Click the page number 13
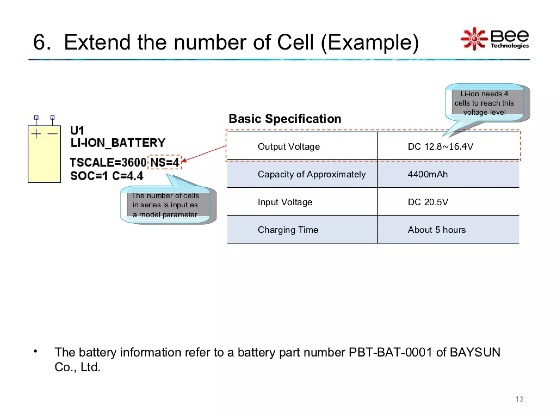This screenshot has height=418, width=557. (519, 399)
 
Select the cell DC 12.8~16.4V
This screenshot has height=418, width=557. (440, 146)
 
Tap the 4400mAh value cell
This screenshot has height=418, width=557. (428, 174)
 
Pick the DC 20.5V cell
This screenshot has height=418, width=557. (428, 202)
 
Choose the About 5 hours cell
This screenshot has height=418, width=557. (437, 230)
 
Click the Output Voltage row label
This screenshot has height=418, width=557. (289, 146)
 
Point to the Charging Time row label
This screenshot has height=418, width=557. (288, 230)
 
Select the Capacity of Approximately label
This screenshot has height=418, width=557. (311, 174)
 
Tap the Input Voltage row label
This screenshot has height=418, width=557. (285, 202)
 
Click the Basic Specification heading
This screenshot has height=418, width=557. (285, 119)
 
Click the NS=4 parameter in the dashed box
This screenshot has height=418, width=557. (165, 162)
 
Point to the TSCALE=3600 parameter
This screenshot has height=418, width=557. (108, 162)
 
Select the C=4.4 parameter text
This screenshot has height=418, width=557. (128, 176)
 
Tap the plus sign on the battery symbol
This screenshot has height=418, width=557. (36, 134)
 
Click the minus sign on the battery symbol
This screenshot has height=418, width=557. (52, 134)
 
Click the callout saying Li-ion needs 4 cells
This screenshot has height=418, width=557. (484, 103)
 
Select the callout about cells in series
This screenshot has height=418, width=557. (165, 205)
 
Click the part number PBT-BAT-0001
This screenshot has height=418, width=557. (390, 352)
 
